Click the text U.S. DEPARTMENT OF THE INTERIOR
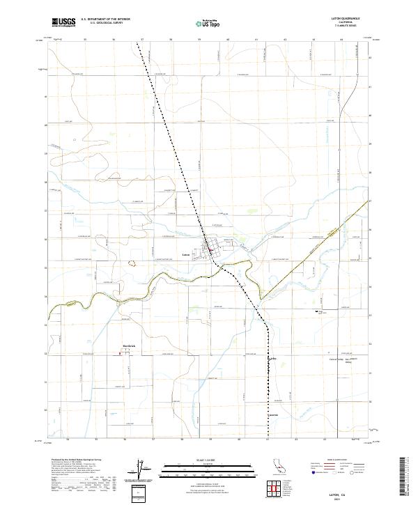click(x=105, y=20)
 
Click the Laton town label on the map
click(x=186, y=254)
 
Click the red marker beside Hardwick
click(x=119, y=352)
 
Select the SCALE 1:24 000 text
click(x=208, y=460)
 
